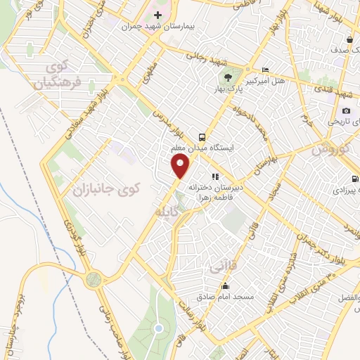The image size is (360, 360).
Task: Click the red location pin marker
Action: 181,166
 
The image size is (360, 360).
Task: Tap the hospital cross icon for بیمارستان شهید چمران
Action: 157,14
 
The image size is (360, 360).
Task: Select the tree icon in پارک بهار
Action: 227,77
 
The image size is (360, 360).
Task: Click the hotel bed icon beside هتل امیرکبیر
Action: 264,70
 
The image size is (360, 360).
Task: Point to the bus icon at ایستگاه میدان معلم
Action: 202,137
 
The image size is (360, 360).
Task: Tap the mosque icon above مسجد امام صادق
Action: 225,285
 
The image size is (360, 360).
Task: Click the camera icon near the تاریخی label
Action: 346,110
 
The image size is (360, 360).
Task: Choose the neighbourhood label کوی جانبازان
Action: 107,188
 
